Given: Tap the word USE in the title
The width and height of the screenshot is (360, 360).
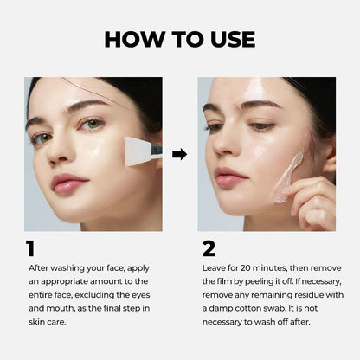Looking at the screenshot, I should click(228, 39).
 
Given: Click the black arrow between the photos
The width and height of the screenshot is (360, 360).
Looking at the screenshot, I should click(180, 154).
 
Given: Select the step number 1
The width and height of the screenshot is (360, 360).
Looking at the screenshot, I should click(30, 249).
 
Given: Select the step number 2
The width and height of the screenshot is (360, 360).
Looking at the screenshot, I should click(209, 249).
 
